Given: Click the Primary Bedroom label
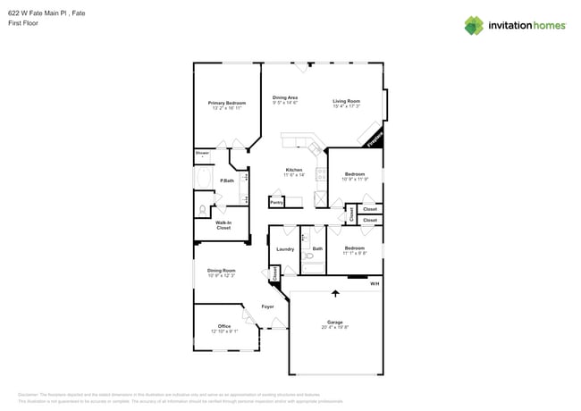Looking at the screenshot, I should pyautogui.click(x=227, y=103).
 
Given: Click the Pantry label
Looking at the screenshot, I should pyautogui.click(x=277, y=202).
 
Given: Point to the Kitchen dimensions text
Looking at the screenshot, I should pyautogui.click(x=294, y=175).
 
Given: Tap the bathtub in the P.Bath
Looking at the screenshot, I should pyautogui.click(x=204, y=181).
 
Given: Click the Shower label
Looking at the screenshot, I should pyautogui.click(x=202, y=153).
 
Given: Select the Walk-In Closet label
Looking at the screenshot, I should pyautogui.click(x=223, y=225).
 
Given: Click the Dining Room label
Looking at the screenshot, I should pyautogui.click(x=221, y=270).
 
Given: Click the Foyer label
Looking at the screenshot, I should pyautogui.click(x=267, y=306).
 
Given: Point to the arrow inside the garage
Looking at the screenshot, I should pyautogui.click(x=336, y=292).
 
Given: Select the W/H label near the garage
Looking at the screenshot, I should pyautogui.click(x=375, y=283).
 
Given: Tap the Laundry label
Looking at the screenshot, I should pyautogui.click(x=285, y=248).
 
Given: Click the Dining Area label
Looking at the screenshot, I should pyautogui.click(x=285, y=97).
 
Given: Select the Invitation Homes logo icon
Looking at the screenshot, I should pyautogui.click(x=474, y=25).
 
